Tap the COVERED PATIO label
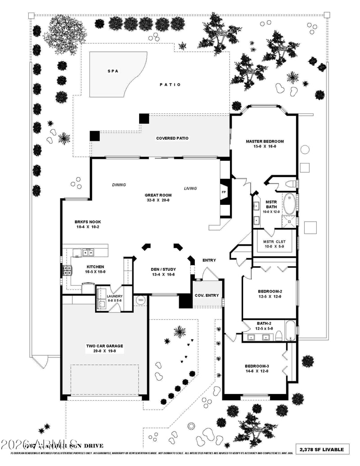[172, 138]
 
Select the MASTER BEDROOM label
[265, 141]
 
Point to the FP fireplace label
[224, 192]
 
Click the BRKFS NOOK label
[88, 222]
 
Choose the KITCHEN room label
[95, 267]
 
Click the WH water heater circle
[140, 300]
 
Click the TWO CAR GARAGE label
[104, 346]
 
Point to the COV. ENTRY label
[207, 295]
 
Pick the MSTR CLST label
[274, 241]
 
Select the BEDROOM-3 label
[257, 366]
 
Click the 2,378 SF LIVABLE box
[324, 449]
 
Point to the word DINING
[119, 185]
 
